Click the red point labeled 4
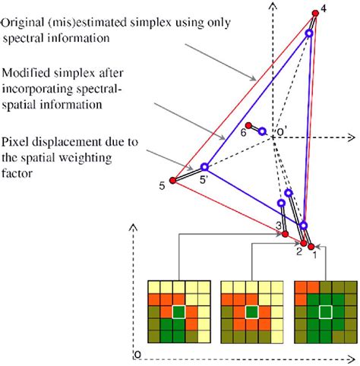pos(315,13)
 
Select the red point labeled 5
pos(172,181)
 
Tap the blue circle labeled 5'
pos(204,167)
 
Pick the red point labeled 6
pos(249,126)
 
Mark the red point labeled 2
pos(299,241)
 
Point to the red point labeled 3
pos(285,234)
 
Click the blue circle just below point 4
pos(310,33)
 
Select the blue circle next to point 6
pos(262,131)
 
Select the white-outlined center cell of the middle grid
pos(250,311)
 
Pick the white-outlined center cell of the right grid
pos(324,311)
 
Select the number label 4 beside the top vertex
pos(324,8)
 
